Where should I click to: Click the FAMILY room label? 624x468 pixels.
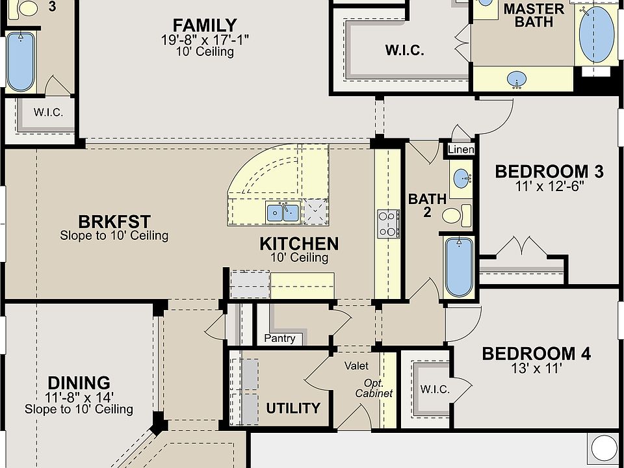tap(205, 25)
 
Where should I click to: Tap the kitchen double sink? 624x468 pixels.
tap(283, 212)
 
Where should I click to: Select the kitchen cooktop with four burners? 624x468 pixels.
tap(389, 224)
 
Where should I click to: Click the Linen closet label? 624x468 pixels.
tap(461, 149)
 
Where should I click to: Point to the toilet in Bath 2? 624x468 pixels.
tap(456, 215)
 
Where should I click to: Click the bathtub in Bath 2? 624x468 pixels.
tap(459, 266)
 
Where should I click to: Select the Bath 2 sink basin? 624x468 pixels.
tap(461, 179)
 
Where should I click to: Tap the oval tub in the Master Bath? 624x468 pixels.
tap(596, 34)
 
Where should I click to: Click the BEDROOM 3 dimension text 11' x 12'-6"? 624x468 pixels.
tap(549, 187)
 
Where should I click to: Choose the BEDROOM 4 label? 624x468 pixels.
tap(536, 354)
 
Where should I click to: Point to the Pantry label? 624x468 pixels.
tap(279, 339)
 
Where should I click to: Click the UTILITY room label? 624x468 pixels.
tap(293, 408)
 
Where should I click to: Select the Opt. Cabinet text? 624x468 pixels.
tap(374, 389)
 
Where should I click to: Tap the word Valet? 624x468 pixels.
tap(356, 366)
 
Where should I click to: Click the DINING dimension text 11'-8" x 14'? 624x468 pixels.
tap(79, 396)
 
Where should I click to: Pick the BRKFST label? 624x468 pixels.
tap(114, 222)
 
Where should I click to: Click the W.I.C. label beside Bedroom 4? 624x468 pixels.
tap(435, 389)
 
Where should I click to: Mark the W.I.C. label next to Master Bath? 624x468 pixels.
tap(404, 51)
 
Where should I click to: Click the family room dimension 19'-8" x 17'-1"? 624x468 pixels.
tap(205, 40)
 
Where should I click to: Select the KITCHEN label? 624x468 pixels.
tap(299, 244)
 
